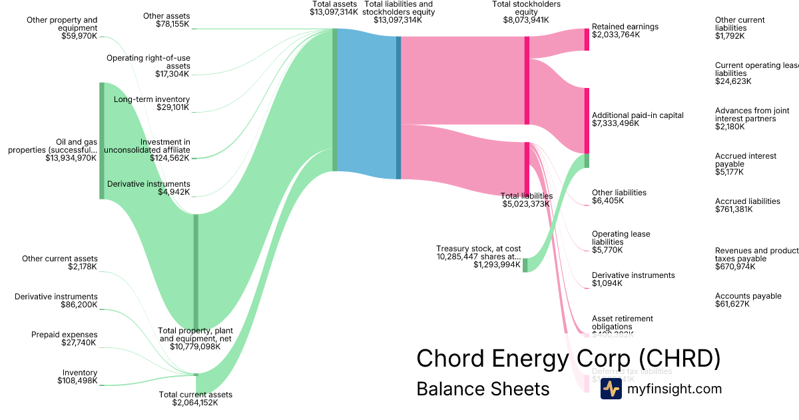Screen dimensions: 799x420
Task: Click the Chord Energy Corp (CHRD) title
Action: tap(568, 359)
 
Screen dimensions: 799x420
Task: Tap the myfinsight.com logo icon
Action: tap(611, 389)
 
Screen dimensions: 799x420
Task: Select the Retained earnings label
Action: tap(625, 27)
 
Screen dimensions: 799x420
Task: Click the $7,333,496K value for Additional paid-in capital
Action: tap(615, 123)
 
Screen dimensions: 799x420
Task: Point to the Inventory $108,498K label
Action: tap(77, 377)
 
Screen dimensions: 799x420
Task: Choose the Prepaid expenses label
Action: tap(64, 335)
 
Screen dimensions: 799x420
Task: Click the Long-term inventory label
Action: tap(152, 99)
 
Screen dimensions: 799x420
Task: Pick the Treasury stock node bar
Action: tap(525, 265)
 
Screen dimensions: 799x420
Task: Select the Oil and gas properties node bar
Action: tap(102, 140)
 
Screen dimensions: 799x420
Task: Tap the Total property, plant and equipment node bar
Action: tap(196, 271)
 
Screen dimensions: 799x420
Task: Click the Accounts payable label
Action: tap(748, 296)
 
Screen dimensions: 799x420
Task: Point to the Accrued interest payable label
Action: tap(746, 160)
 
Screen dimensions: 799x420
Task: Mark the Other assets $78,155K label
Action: tap(166, 20)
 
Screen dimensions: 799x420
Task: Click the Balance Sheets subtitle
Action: tap(483, 389)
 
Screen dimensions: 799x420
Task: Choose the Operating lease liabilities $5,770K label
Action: tap(621, 242)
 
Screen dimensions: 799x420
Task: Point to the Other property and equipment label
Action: tap(62, 28)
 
